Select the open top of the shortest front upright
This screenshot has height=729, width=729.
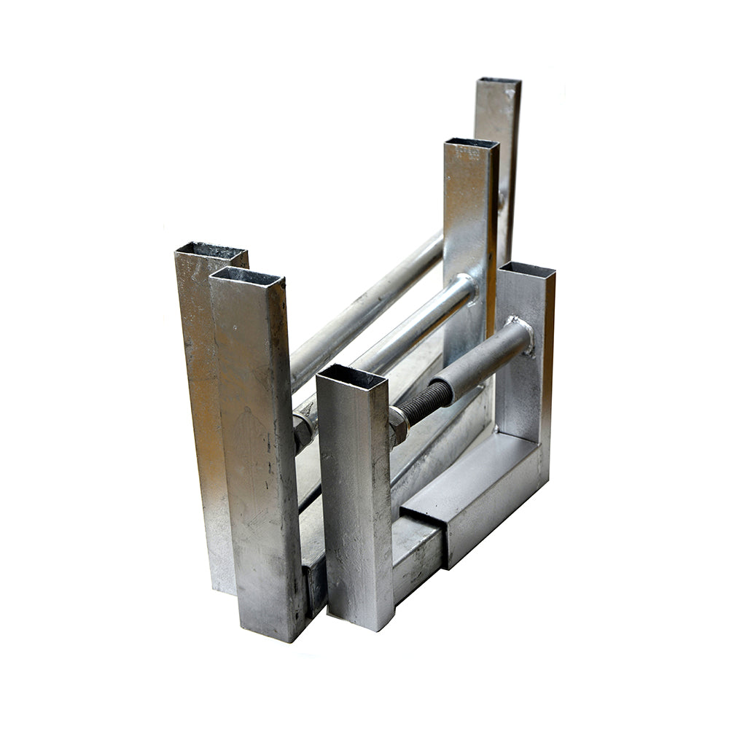click(351, 377)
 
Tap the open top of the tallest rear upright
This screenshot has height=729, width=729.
click(499, 81)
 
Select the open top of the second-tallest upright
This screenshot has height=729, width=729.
click(471, 143)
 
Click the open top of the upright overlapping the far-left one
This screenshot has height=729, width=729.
click(246, 276)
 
